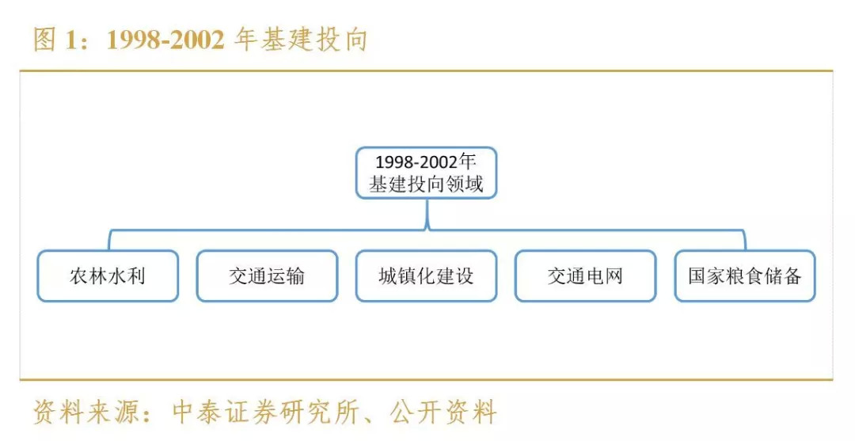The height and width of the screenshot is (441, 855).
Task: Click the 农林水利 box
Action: click(108, 276)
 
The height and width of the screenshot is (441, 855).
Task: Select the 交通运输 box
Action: click(267, 276)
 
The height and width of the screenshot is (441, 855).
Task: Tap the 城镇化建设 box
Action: click(426, 276)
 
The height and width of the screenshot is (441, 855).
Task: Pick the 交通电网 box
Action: click(585, 276)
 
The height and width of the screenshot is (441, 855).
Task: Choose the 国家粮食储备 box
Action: click(744, 276)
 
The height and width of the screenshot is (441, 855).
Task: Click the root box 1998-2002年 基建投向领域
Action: click(426, 173)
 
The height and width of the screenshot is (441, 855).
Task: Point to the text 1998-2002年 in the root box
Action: click(426, 162)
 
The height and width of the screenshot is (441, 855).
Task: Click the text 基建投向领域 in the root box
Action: click(426, 185)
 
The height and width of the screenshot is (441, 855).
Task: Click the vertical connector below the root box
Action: click(427, 214)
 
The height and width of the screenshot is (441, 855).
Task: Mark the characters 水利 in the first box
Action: click(127, 276)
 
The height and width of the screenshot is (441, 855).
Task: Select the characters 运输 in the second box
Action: click(286, 276)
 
